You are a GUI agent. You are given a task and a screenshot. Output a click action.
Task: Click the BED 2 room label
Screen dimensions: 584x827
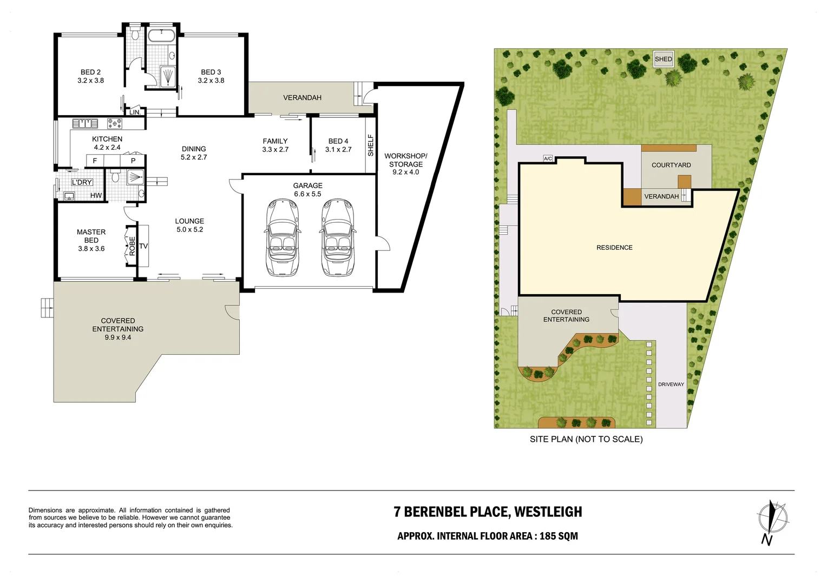click(90, 72)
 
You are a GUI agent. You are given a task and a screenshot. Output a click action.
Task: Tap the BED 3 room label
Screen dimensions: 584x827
click(211, 72)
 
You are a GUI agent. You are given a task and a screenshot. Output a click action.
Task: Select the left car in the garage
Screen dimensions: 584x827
click(281, 238)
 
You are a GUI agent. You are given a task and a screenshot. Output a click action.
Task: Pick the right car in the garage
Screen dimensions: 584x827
click(338, 238)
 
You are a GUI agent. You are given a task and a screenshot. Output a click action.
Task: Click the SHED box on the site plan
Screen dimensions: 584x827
click(663, 59)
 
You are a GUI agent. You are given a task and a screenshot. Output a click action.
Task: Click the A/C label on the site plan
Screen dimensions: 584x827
click(548, 158)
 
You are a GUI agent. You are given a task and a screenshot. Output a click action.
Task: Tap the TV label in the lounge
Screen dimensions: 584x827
click(143, 246)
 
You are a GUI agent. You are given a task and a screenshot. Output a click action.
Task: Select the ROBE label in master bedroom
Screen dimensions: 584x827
click(132, 246)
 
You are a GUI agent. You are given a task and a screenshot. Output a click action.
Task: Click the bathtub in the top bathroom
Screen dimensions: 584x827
click(161, 36)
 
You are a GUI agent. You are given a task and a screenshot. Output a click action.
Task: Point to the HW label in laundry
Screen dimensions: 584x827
click(96, 196)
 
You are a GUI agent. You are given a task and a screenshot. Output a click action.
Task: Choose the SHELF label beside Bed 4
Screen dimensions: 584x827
click(371, 145)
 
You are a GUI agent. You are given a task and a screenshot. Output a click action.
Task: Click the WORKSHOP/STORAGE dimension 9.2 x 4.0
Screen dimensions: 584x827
click(405, 172)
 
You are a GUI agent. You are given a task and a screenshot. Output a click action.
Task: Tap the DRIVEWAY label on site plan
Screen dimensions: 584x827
click(671, 384)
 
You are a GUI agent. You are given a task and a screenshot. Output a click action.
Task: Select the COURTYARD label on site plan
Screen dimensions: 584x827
click(671, 165)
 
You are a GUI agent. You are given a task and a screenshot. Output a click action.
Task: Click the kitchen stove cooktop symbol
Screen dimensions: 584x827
click(114, 124)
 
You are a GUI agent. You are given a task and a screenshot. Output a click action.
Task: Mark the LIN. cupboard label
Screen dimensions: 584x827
click(135, 112)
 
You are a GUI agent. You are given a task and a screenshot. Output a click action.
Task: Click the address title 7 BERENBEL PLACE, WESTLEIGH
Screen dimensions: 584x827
click(488, 512)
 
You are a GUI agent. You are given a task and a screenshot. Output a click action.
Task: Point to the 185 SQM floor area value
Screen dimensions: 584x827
click(559, 536)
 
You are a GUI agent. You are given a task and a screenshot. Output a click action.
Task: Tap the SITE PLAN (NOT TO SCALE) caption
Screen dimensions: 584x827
click(586, 439)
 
